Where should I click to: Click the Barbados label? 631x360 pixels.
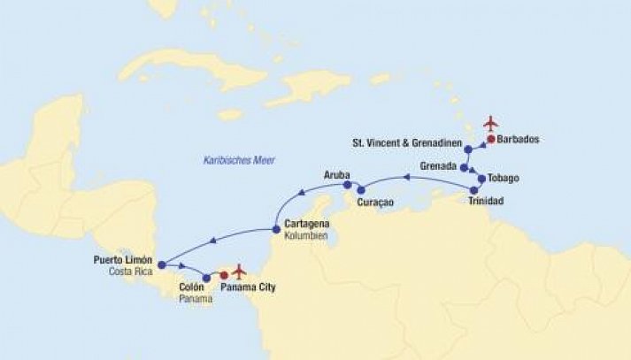(519, 140)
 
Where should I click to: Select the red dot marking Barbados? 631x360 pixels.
(489, 139)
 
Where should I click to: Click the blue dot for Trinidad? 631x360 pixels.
(474, 190)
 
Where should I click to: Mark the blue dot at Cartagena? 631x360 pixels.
(276, 230)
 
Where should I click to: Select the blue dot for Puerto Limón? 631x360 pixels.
(161, 263)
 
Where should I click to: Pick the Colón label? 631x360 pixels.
(192, 287)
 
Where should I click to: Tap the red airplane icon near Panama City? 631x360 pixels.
(237, 270)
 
